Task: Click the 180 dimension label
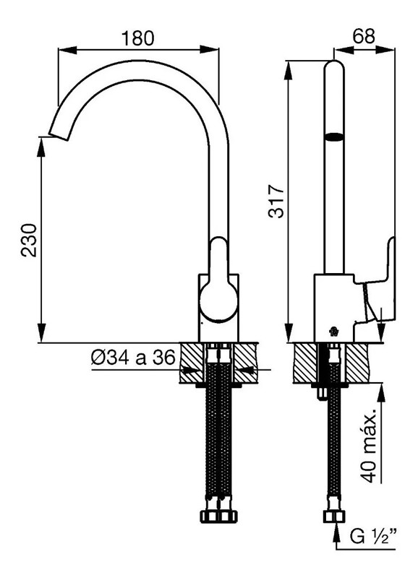tap(137, 38)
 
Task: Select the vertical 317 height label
tap(277, 201)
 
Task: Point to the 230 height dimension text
tap(29, 240)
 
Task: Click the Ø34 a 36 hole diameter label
tap(133, 357)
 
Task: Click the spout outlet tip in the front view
tap(59, 136)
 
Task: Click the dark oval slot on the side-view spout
tap(334, 137)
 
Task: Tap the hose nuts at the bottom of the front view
tap(218, 515)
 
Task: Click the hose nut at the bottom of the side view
tap(334, 516)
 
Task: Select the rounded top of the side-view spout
tap(334, 66)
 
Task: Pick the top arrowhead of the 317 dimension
tap(288, 70)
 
